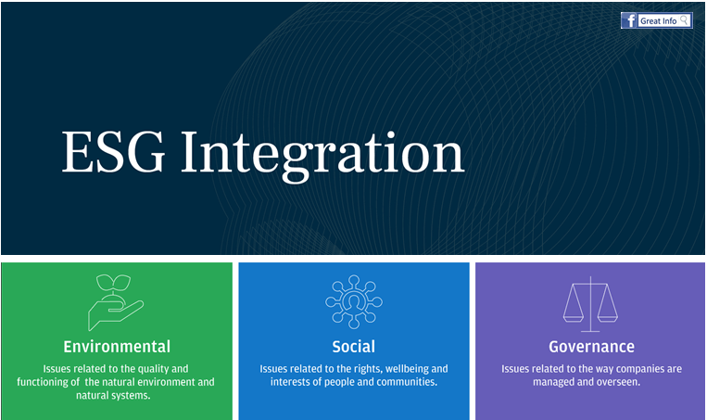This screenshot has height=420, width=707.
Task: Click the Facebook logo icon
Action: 629,20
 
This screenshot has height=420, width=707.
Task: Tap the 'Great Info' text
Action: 658,20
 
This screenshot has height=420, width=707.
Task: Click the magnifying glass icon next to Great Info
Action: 685,19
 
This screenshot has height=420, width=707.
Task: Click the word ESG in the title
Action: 113,152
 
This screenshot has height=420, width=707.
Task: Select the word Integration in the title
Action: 322,156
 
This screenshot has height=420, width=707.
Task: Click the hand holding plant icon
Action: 116,302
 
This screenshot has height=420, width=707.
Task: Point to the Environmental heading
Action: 117,347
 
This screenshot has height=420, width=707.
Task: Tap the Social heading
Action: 354,347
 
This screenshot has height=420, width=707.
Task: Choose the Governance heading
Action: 591,347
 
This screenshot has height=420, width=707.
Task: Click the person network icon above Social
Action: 354,301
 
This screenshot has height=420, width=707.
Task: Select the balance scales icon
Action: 590,304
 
